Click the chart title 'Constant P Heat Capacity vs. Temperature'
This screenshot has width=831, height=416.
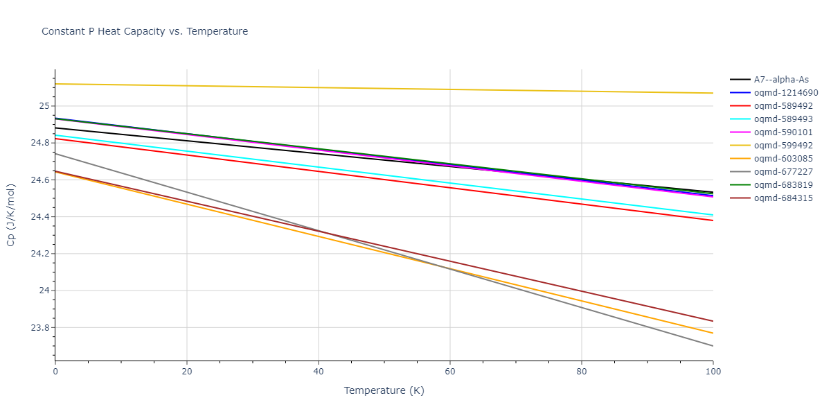coord(145,31)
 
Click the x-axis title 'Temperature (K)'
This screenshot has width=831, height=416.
coord(384,390)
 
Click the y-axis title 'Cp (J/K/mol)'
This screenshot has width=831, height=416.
coord(11,215)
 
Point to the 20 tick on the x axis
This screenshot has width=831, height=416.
coord(187,372)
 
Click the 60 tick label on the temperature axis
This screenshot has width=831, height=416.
coord(450,372)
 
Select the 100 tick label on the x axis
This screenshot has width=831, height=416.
coord(713,372)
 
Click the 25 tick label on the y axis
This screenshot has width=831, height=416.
coord(43,106)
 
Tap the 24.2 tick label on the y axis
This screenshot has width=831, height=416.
coord(39,254)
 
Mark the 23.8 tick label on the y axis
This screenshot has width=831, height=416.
coord(39,327)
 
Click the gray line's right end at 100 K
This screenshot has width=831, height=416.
coord(713,346)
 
